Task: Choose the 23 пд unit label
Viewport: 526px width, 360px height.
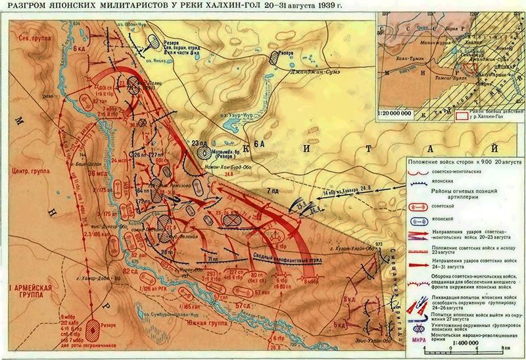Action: [x=199, y=143]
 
